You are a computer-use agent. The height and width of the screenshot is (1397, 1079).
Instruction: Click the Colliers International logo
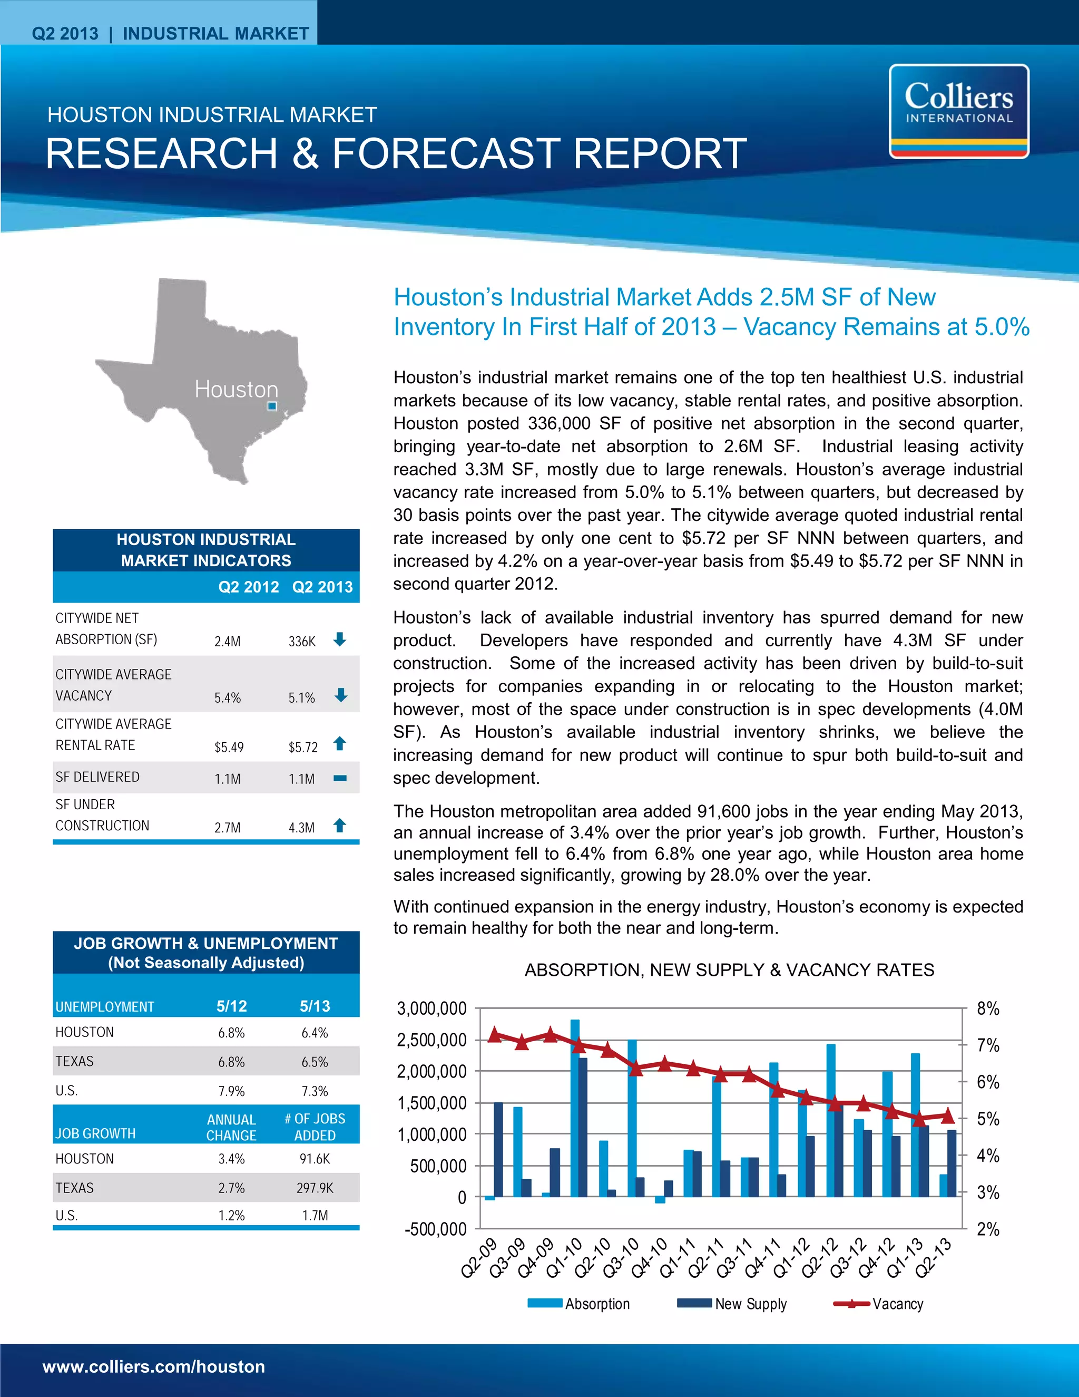click(958, 111)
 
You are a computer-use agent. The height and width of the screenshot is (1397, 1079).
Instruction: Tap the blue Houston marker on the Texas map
click(272, 405)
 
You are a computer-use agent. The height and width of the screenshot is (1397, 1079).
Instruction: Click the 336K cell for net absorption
click(302, 641)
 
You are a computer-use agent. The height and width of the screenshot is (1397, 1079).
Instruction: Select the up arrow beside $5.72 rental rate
click(340, 743)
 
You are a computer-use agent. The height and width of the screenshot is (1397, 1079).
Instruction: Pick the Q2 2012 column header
click(248, 587)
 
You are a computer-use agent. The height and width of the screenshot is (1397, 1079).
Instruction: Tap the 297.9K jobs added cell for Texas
click(315, 1188)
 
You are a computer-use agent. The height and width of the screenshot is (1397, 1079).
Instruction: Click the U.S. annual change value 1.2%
click(231, 1215)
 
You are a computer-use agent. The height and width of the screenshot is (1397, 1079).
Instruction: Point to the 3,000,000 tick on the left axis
click(431, 1008)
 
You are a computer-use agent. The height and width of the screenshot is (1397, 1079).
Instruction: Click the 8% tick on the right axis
click(988, 1008)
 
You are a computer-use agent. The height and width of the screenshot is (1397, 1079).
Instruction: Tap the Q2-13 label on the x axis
click(934, 1257)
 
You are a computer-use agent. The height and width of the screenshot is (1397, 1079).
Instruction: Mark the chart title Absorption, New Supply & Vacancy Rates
click(729, 971)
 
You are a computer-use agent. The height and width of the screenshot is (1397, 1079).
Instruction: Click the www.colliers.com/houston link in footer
click(153, 1367)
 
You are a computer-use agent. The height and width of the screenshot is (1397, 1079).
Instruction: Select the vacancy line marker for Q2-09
click(494, 1034)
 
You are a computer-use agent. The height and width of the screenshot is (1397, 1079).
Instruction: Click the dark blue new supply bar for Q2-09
click(498, 1149)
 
